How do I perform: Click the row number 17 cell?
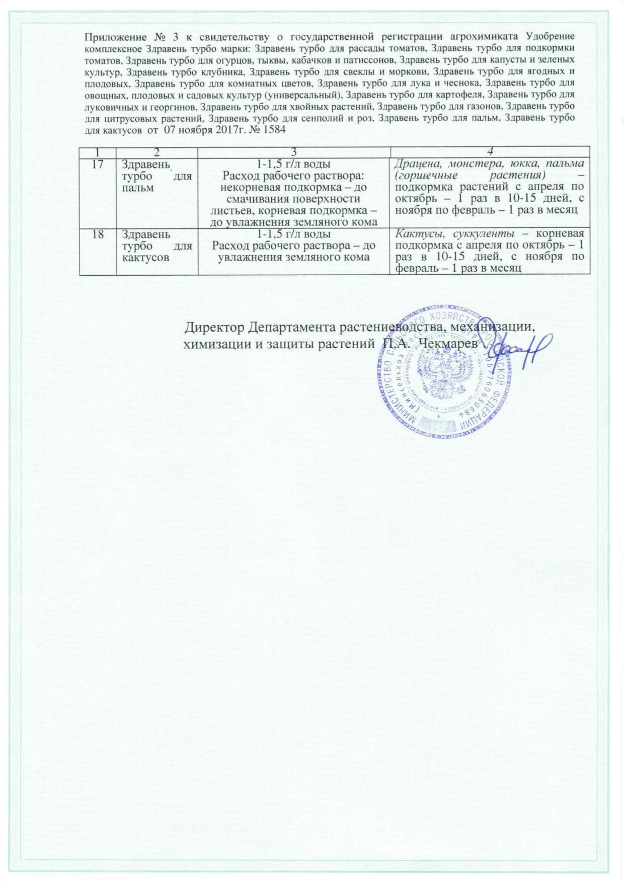[98, 164]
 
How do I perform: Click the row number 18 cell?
[98, 234]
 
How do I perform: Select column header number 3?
[294, 151]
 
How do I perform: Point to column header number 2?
[157, 151]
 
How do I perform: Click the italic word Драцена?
[416, 164]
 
